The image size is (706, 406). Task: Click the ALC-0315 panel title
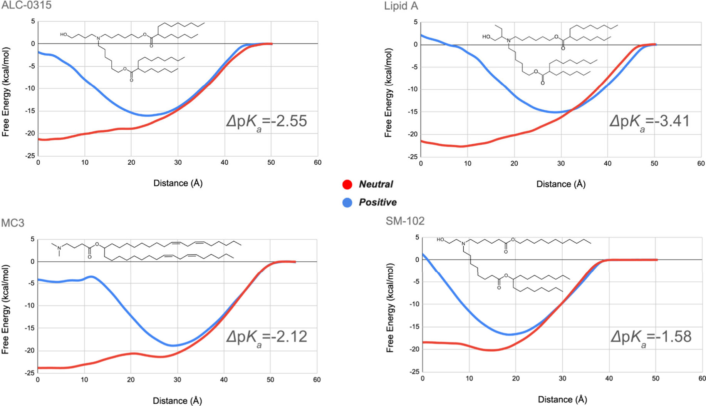26,5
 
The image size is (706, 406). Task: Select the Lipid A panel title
401,6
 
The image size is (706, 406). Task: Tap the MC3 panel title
13,223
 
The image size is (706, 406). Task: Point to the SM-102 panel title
405,221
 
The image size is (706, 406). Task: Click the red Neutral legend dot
347,184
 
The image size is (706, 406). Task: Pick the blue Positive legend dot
347,202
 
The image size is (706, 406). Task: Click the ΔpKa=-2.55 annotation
267,122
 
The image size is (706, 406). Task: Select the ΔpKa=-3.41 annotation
649,122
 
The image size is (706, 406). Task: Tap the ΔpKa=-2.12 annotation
267,337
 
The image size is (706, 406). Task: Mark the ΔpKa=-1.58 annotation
651,337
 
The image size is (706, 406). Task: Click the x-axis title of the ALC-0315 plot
178,183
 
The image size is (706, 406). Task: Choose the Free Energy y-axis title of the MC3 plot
5,309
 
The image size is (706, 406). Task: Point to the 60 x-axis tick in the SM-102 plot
702,379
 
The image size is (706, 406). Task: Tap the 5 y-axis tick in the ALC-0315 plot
33,22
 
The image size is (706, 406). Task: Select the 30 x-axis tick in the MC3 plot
177,380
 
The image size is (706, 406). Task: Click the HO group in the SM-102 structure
441,240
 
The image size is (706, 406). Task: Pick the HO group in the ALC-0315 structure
64,35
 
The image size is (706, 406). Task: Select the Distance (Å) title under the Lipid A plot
561,184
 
